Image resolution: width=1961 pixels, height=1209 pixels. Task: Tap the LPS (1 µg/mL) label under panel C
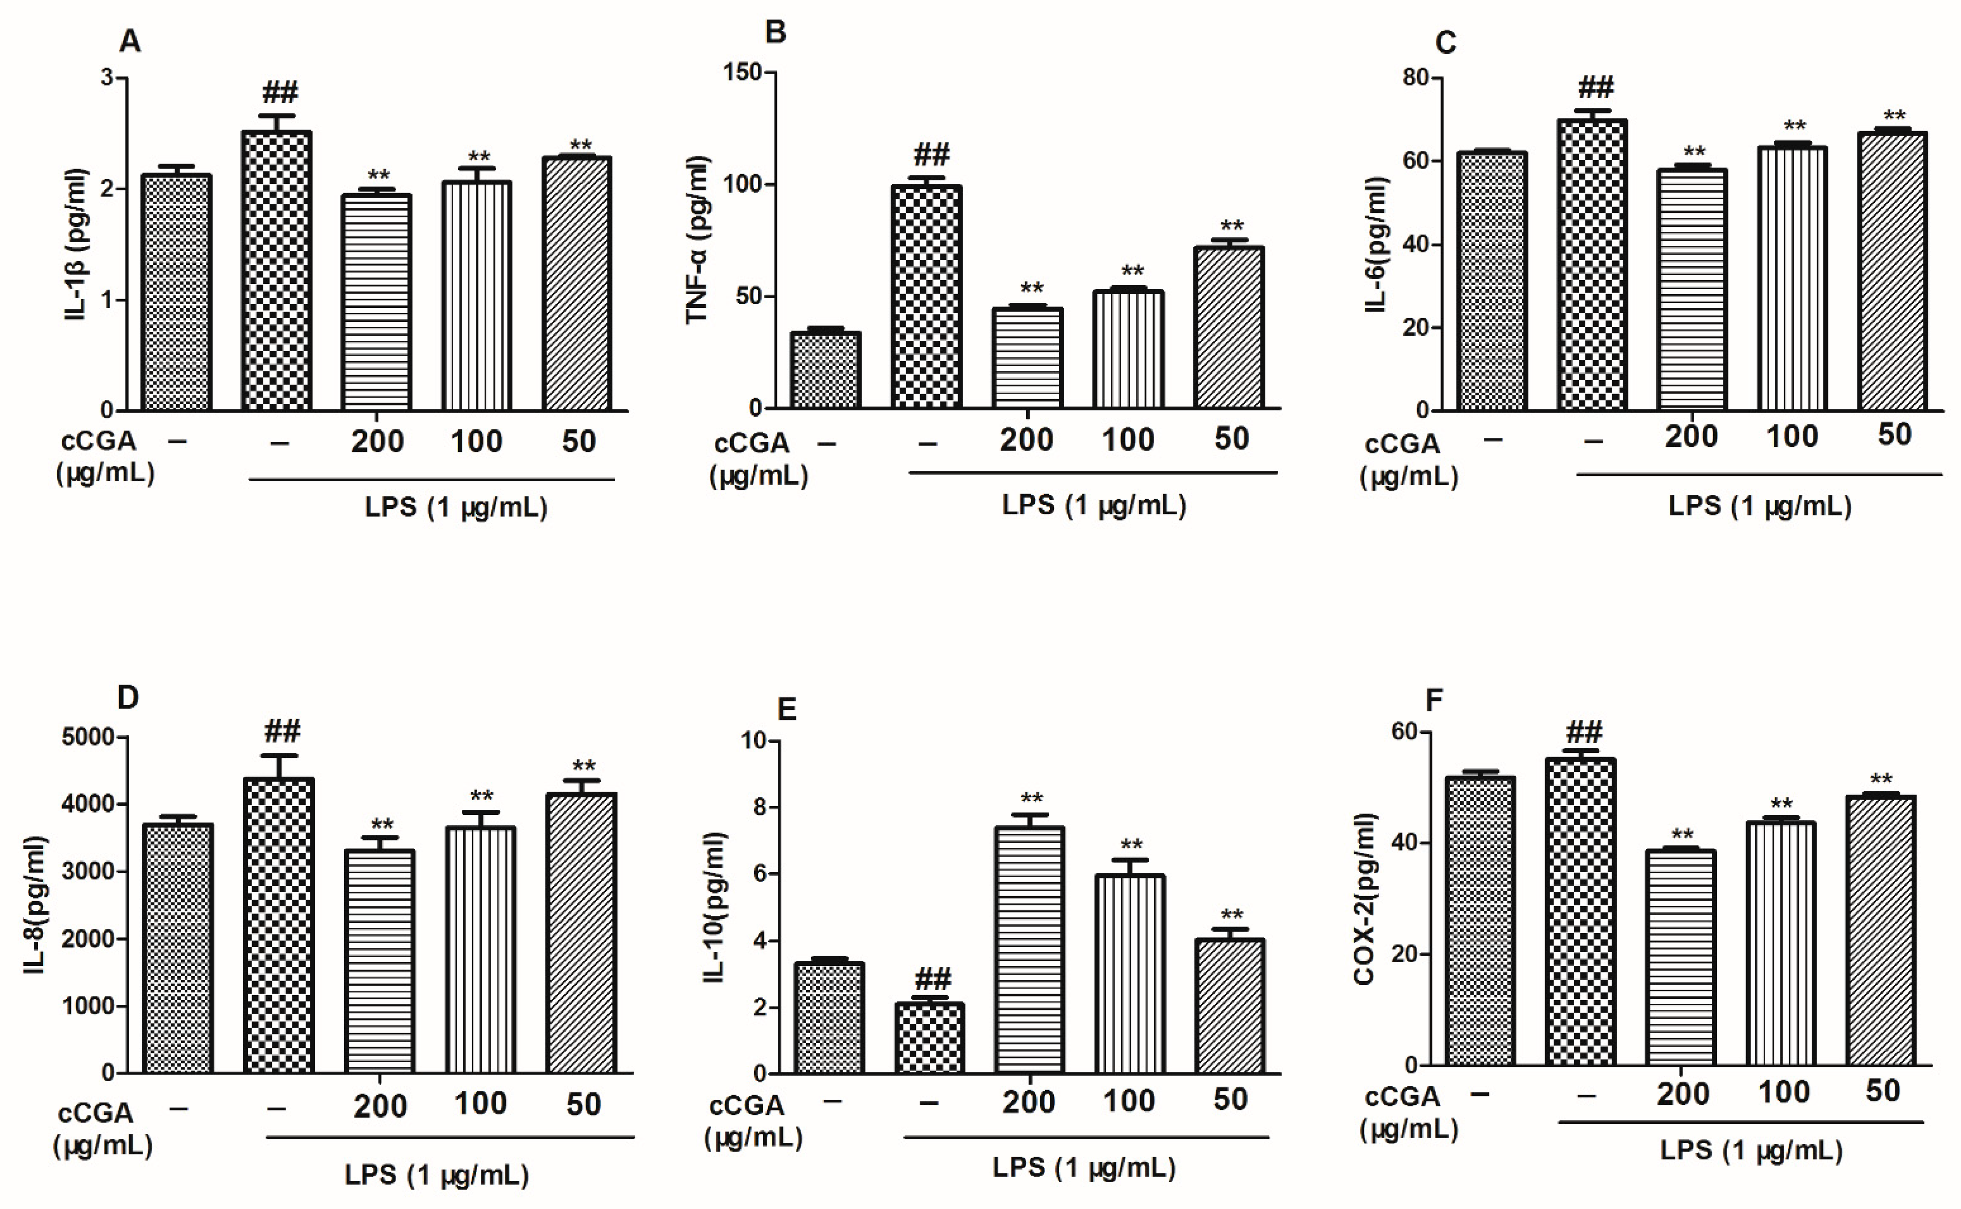click(1759, 506)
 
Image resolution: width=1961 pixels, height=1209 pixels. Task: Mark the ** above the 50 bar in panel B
click(1232, 226)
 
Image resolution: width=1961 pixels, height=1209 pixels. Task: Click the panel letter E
click(787, 709)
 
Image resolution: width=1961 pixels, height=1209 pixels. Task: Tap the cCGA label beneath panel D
click(96, 1112)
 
